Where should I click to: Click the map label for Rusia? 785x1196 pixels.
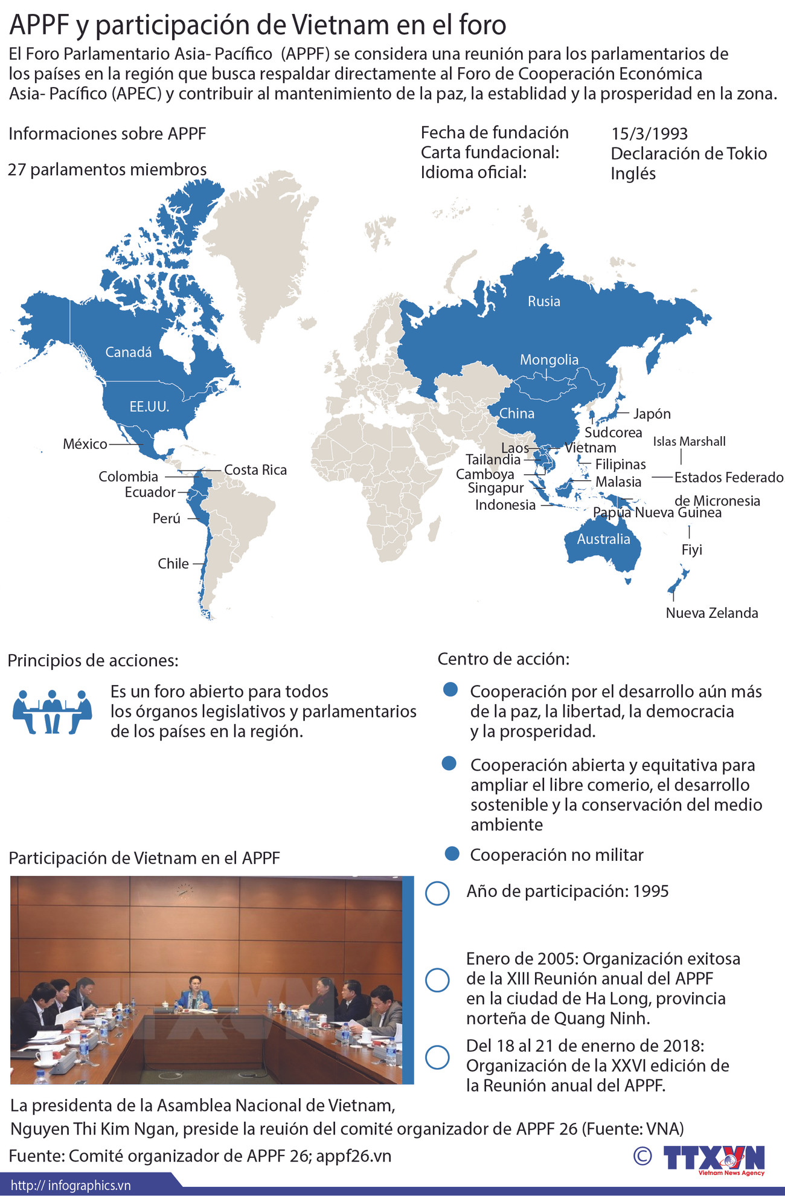543,301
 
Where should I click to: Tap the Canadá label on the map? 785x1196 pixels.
128,352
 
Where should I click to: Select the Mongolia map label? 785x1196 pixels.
549,360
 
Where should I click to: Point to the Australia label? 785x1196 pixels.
603,539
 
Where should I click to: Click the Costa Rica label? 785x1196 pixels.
255,470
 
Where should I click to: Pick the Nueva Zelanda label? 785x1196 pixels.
711,613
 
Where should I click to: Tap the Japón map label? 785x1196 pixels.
652,414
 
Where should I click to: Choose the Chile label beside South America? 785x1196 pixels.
173,564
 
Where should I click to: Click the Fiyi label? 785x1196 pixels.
691,550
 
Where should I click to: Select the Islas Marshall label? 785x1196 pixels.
689,442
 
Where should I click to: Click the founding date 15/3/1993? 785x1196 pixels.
649,133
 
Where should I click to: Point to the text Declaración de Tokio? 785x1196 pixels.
688,153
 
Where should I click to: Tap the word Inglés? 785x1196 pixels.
633,173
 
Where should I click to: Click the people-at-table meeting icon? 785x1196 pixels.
52,711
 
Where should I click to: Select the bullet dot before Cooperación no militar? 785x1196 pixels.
452,854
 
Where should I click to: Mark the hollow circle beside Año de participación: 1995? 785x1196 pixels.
437,893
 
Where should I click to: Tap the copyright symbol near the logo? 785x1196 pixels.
642,1156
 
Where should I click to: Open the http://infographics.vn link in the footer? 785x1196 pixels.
71,1185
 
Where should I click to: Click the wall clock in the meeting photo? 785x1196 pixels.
184,889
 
